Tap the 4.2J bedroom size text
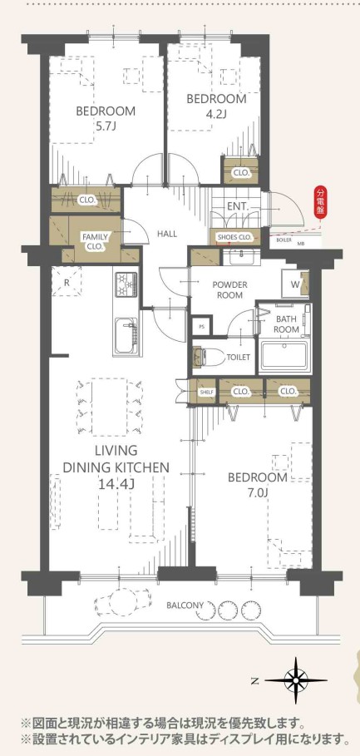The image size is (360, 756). (216, 114)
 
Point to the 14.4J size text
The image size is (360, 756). (116, 484)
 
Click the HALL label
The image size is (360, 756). (167, 234)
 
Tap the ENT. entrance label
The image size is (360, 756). (237, 206)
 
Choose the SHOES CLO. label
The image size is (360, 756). (234, 237)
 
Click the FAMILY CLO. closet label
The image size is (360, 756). (95, 241)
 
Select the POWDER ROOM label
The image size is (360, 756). (229, 289)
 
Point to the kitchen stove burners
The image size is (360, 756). (126, 284)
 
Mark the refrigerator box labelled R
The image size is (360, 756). (67, 281)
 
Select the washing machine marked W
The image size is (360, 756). (295, 283)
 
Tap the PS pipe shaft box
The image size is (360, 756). (201, 326)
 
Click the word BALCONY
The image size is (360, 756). (185, 605)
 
